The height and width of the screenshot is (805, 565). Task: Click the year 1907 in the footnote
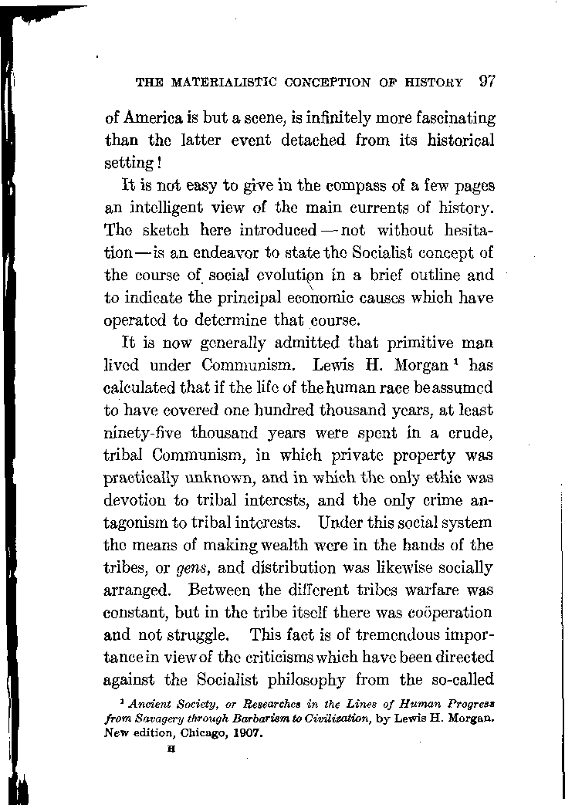pos(246,733)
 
